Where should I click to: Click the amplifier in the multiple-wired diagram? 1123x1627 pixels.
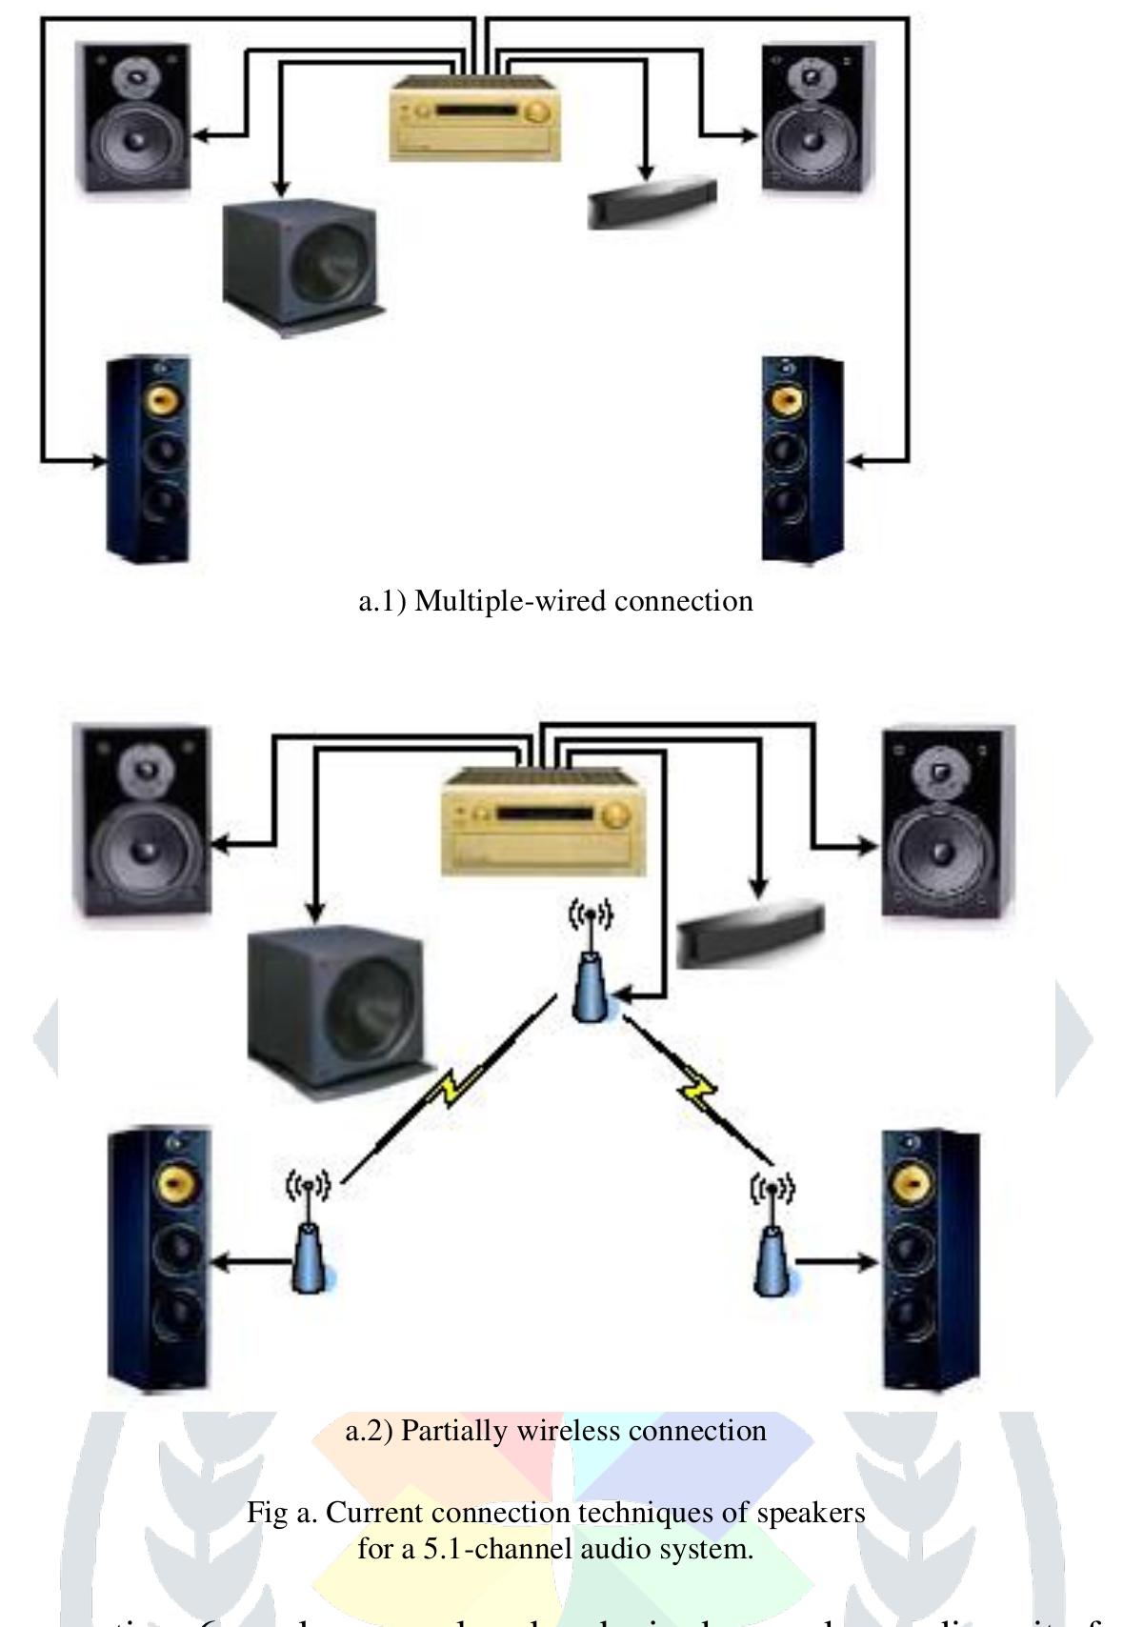point(473,117)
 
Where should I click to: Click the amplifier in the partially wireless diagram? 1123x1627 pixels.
point(539,821)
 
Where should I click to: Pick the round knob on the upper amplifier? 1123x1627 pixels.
point(537,113)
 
